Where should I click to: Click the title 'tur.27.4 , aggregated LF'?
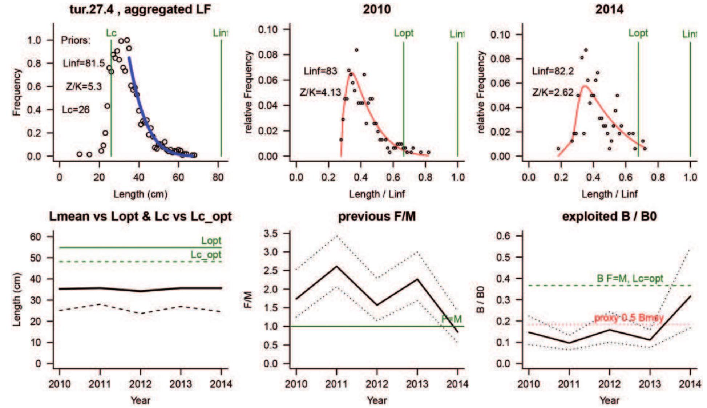(x=140, y=9)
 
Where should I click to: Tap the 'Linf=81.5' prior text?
(x=84, y=63)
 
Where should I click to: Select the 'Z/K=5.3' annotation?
(x=84, y=86)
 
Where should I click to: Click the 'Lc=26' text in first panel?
(x=76, y=110)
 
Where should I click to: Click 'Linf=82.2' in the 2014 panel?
(x=553, y=71)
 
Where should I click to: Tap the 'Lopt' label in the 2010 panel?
(x=404, y=33)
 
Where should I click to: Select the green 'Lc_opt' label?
(x=206, y=255)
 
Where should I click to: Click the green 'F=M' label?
(x=452, y=319)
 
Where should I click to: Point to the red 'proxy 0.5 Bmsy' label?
(x=629, y=318)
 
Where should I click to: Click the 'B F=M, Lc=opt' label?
(x=630, y=279)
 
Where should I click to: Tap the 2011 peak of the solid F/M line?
(x=337, y=266)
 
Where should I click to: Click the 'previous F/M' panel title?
(x=377, y=217)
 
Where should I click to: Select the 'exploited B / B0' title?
(x=609, y=217)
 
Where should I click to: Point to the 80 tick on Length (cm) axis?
(x=218, y=177)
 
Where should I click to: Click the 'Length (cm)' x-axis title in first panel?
(x=140, y=194)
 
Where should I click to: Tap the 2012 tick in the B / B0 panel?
(x=609, y=384)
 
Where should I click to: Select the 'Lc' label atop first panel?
(x=111, y=33)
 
